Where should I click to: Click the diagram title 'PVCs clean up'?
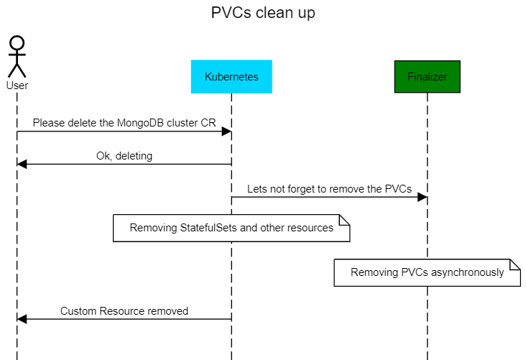pos(263,13)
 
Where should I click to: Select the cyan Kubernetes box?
pos(231,77)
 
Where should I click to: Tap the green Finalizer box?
pos(427,77)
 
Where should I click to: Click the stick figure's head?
pos(17,43)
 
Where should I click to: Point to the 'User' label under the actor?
pos(17,86)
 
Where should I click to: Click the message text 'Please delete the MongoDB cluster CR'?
pos(124,123)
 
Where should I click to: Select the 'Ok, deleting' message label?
pos(124,155)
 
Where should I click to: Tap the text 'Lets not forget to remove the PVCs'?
pos(329,189)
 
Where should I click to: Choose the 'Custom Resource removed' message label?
pos(124,311)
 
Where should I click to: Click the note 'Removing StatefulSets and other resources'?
pos(231,228)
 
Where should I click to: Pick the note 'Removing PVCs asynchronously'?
pos(427,272)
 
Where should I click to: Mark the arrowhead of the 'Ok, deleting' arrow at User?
pos(22,165)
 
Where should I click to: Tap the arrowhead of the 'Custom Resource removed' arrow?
pos(22,320)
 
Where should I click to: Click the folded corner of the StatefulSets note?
pos(344,219)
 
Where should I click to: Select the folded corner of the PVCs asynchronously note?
pos(515,264)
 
